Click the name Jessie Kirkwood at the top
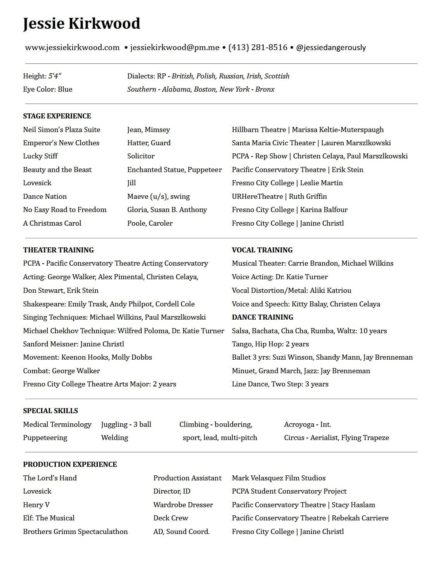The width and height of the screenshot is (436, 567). [81, 23]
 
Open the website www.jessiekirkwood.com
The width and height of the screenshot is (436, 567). [72, 47]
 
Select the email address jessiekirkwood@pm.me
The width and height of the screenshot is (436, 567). [175, 47]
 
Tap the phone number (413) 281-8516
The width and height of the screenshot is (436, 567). [258, 47]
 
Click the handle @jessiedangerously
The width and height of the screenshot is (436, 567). [331, 47]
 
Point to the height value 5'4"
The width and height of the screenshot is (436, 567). [55, 76]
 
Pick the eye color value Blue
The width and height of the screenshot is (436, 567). [65, 89]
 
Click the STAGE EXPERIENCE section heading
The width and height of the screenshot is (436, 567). [57, 116]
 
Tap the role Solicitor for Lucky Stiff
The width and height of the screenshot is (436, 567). [141, 156]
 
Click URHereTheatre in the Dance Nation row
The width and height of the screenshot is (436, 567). [257, 197]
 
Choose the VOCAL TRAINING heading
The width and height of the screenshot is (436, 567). [262, 250]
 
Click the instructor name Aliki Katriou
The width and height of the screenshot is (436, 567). [330, 290]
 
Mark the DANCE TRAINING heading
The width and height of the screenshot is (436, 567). [262, 317]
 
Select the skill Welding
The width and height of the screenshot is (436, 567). [114, 438]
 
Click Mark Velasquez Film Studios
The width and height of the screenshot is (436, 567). [279, 478]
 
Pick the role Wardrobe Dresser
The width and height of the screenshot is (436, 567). [183, 505]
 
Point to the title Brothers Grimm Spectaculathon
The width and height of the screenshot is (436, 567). [75, 532]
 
